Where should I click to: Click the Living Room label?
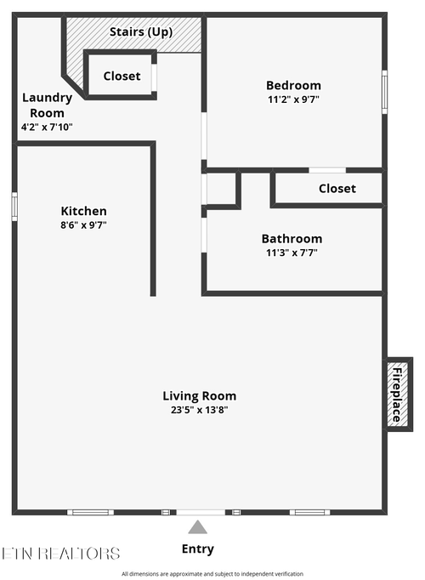tap(199, 395)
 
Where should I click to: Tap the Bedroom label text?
tap(293, 85)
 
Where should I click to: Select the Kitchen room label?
tap(83, 211)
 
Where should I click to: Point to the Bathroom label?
tap(292, 239)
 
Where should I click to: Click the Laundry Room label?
tap(47, 105)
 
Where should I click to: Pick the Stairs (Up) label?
tap(142, 32)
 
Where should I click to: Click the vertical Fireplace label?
tap(396, 394)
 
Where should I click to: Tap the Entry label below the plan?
tap(198, 549)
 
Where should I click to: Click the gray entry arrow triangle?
tap(198, 526)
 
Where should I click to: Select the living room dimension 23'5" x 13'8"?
tap(199, 410)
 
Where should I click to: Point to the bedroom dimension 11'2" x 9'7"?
tap(293, 99)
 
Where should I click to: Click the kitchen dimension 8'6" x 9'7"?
tap(83, 225)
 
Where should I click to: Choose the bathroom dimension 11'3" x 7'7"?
tap(292, 253)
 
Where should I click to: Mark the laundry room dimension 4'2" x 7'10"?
tap(47, 127)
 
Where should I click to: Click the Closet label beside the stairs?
tap(122, 76)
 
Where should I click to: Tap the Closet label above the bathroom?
tap(337, 189)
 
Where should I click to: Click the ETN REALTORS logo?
tap(61, 554)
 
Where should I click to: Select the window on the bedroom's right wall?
tap(384, 91)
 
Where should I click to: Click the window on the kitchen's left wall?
tap(14, 207)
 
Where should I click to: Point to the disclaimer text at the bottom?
tap(212, 574)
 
